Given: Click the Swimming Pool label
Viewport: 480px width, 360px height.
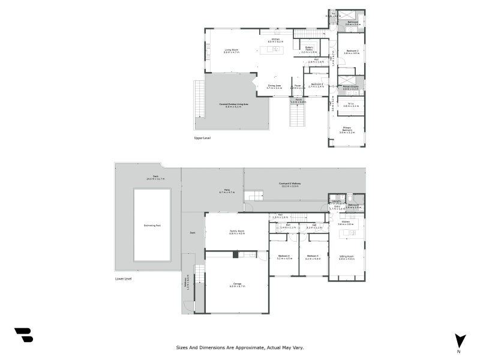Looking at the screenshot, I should [x=151, y=226].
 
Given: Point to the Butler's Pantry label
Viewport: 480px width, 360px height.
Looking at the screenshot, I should [x=309, y=49].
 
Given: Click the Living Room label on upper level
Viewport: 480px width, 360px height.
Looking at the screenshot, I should [x=232, y=51].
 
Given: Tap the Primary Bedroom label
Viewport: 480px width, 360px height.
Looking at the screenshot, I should [x=347, y=129].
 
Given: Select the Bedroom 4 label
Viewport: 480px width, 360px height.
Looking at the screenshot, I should [x=284, y=257].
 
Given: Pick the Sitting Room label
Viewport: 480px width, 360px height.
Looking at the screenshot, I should [x=347, y=257].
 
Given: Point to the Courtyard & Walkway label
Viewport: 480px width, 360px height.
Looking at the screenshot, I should [x=290, y=184].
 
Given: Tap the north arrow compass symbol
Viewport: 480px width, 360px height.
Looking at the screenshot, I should [x=460, y=340].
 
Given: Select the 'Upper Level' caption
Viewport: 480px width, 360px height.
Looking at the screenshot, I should [x=202, y=138].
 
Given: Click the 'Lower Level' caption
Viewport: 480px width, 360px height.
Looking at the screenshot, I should [x=123, y=278].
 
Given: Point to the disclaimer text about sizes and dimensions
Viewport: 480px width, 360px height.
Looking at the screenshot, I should [x=240, y=347].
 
